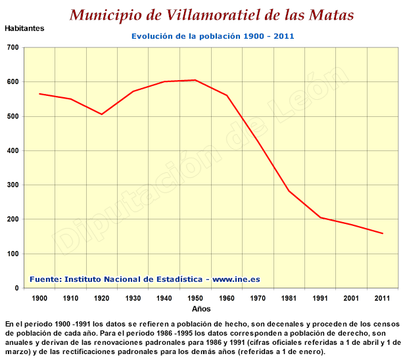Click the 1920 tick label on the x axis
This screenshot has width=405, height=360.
click(101, 298)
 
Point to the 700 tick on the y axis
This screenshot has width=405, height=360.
click(13, 47)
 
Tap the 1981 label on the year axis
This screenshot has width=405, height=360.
click(289, 298)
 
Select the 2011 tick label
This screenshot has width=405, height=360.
click(382, 298)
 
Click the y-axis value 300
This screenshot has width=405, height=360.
click(13, 185)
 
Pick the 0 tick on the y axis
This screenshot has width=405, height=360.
click(17, 288)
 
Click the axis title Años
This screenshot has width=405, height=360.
click(201, 309)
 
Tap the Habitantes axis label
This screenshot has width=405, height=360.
click(24, 28)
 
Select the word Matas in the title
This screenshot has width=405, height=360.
click(331, 15)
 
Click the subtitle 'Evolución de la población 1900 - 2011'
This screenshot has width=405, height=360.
click(213, 36)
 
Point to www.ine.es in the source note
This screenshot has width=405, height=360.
click(236, 279)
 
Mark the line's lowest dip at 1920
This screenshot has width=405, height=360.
click(102, 114)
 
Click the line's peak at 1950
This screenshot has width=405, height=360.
click(195, 80)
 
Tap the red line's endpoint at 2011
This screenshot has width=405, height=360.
click(383, 234)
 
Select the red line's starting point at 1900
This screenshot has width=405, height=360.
click(39, 94)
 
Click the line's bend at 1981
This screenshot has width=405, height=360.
click(289, 191)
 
